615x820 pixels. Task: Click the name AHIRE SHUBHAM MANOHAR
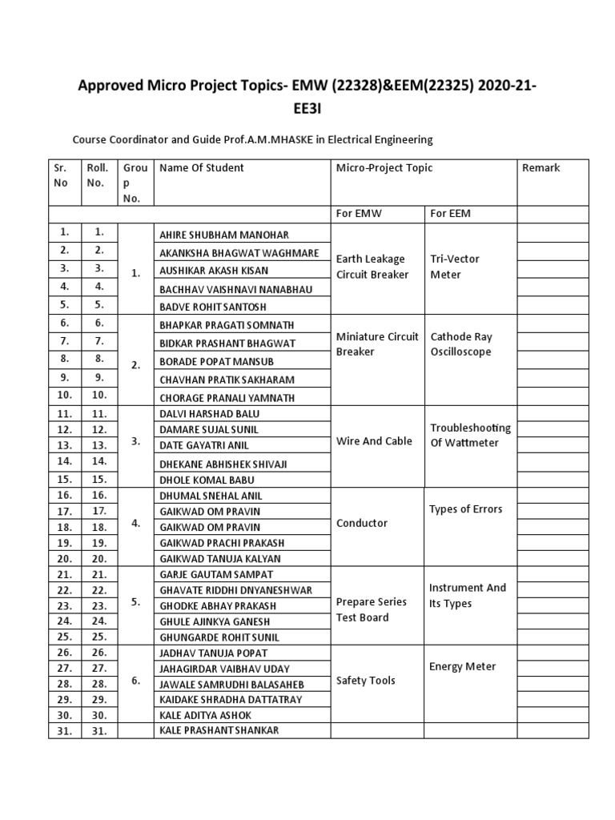(x=224, y=235)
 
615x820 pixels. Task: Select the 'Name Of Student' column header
(x=202, y=168)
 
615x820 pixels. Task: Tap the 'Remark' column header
(x=541, y=168)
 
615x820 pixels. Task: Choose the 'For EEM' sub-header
(x=450, y=214)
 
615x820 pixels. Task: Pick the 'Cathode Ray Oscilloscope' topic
(x=460, y=344)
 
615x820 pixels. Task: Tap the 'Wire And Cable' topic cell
(x=374, y=441)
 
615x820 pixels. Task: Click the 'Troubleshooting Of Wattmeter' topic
(x=470, y=435)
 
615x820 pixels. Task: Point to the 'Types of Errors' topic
(x=465, y=509)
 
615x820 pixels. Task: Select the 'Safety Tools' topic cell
(x=366, y=681)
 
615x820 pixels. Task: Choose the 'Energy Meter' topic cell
(x=463, y=666)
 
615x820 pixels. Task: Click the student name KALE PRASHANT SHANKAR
(x=220, y=730)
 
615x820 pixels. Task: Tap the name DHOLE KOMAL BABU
(x=208, y=480)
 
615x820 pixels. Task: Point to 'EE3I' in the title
(x=307, y=108)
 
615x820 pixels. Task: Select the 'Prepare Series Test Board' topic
(x=372, y=609)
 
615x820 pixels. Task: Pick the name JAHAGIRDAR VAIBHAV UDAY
(x=225, y=669)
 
